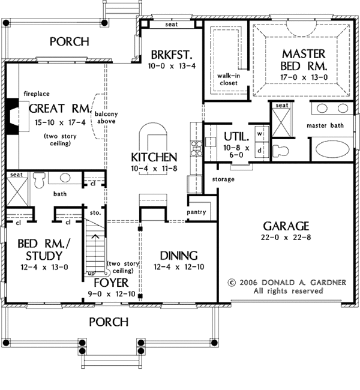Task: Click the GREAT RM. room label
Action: tap(60, 109)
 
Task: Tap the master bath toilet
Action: tap(280, 151)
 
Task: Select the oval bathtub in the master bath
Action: tap(332, 149)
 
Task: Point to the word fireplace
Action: tap(37, 94)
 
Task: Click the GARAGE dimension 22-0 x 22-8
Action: tap(286, 237)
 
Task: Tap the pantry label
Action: tap(196, 212)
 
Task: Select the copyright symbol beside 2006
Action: tap(232, 283)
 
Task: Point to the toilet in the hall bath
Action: tap(40, 180)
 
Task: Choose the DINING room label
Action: tap(179, 256)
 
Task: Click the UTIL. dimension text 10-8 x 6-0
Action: tap(236, 151)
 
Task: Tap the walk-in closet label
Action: tap(229, 79)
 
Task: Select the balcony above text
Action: tap(106, 118)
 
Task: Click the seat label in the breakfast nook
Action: tap(172, 25)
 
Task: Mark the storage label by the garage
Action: tap(223, 179)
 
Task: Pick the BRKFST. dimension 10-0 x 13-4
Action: tap(172, 66)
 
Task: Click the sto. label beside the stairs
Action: tap(95, 213)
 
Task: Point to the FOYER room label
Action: tap(111, 283)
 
